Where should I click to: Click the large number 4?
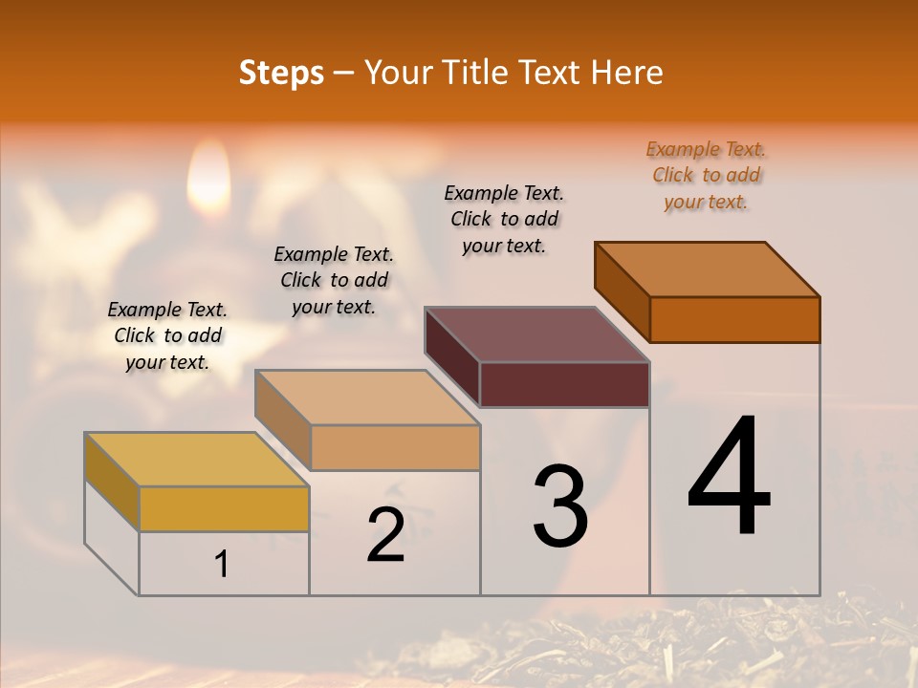(729, 477)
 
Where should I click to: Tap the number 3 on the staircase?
(560, 506)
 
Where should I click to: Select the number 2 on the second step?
(385, 535)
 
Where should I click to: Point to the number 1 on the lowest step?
(221, 565)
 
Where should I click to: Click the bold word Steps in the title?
(281, 73)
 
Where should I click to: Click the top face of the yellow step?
(197, 460)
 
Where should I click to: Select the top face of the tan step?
(367, 398)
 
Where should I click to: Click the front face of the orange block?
(734, 319)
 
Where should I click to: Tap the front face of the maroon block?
(564, 384)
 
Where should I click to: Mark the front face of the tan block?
(395, 447)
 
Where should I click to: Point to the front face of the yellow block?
(224, 508)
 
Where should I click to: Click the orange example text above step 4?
(706, 175)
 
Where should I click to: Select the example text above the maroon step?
(504, 219)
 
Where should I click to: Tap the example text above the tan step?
(334, 280)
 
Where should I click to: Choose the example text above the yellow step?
(167, 335)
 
